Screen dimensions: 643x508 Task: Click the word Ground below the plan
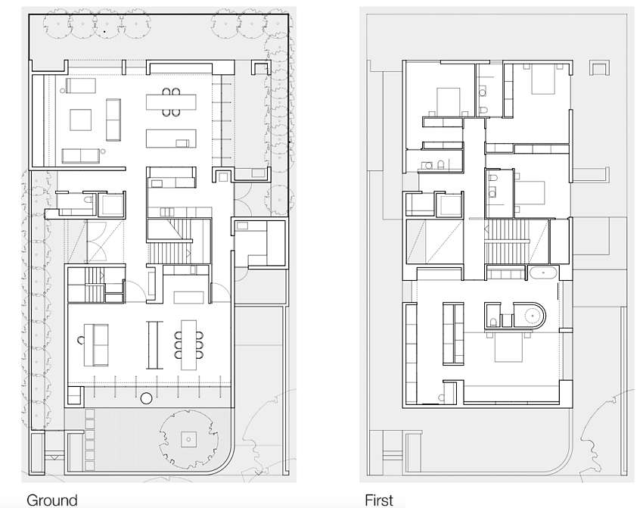[x=51, y=500]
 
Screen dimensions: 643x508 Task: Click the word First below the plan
[x=379, y=500]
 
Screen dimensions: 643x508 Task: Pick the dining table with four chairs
[x=171, y=102]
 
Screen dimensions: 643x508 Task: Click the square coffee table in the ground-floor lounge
[x=80, y=120]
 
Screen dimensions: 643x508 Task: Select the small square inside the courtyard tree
[x=188, y=439]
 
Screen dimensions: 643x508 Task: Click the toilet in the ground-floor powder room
[x=88, y=200]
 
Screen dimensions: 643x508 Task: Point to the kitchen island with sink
[x=171, y=139]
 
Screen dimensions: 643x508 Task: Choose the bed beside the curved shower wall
[x=508, y=348]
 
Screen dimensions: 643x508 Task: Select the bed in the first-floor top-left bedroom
[x=449, y=101]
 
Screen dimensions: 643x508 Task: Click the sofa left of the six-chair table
[x=96, y=345]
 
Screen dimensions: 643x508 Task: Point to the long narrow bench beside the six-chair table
[x=154, y=345]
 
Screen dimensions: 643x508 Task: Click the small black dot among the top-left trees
[x=104, y=31]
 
